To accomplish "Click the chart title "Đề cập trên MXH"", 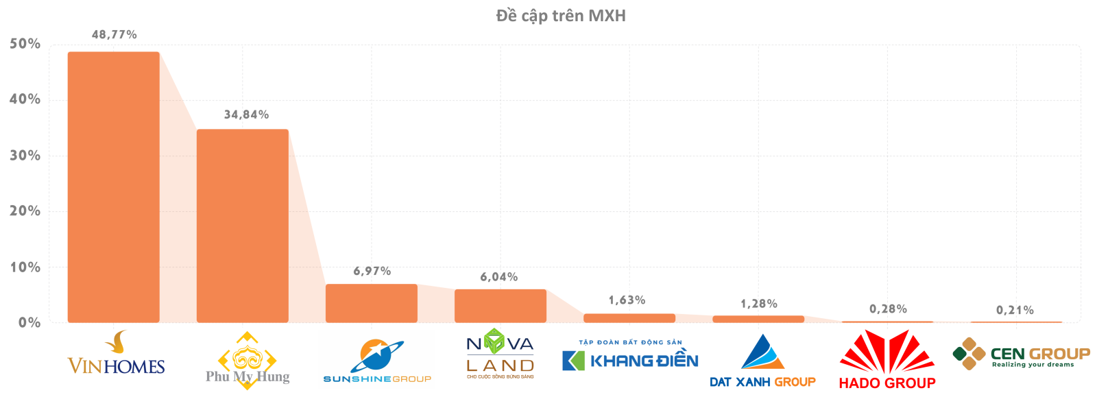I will (x=561, y=15).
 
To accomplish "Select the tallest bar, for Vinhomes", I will (x=114, y=187).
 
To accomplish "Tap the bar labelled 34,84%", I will (x=243, y=226).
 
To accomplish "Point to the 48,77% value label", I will (x=114, y=34).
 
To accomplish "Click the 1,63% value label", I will (x=627, y=300).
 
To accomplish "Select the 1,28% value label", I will (x=758, y=304).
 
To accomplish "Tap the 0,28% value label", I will (x=888, y=309).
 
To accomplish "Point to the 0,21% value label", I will (x=1015, y=310).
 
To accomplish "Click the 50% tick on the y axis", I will (x=25, y=44).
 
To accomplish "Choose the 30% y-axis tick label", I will (x=25, y=156).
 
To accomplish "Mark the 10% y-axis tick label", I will (x=25, y=267).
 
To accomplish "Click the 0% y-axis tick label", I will (x=29, y=323).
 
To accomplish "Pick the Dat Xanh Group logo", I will (x=762, y=362).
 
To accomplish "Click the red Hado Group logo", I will (x=887, y=361).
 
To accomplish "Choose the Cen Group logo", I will (x=1021, y=354).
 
